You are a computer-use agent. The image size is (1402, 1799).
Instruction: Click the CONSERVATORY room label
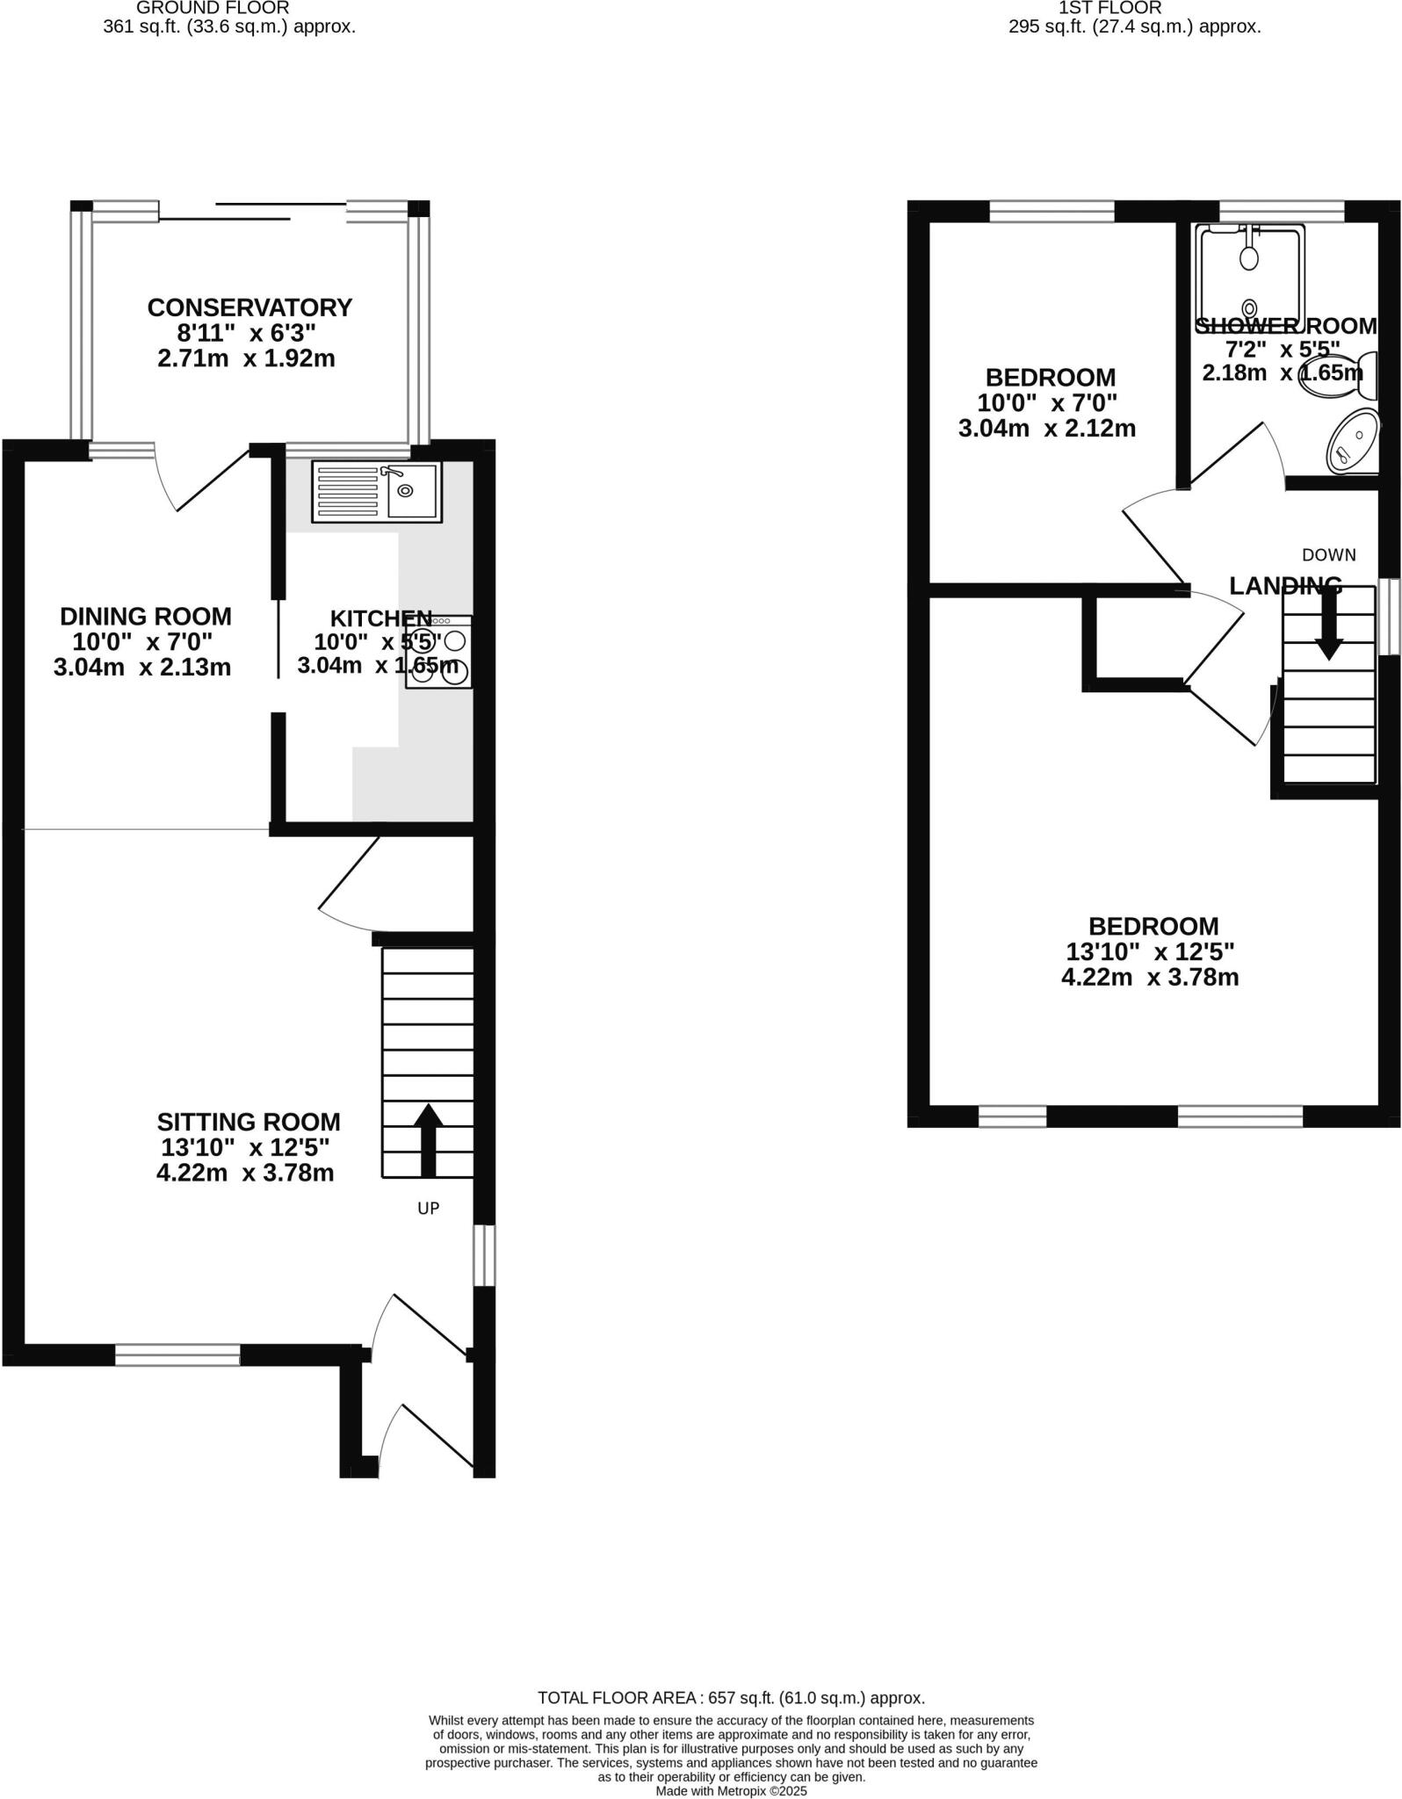[x=249, y=307]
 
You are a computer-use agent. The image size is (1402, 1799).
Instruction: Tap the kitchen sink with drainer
[x=376, y=491]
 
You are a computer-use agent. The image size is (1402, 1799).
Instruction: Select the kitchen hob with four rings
[x=439, y=653]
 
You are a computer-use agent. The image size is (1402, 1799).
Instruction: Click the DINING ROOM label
[x=146, y=616]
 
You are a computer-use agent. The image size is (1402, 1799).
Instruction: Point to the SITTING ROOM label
[x=249, y=1122]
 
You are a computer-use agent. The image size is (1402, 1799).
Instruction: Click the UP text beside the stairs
[x=428, y=1209]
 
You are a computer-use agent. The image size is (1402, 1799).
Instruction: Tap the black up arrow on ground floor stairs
[x=428, y=1139]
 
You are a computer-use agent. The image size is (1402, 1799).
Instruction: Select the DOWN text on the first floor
[x=1328, y=555]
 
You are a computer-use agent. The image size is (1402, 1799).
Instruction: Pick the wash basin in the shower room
[x=1352, y=441]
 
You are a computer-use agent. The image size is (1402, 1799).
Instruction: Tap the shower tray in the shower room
[x=1250, y=277]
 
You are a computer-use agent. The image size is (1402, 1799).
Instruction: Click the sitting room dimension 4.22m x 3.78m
[x=245, y=1173]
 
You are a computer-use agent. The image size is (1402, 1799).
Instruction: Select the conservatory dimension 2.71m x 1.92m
[x=246, y=358]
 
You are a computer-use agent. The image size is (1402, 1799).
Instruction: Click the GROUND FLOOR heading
[x=213, y=8]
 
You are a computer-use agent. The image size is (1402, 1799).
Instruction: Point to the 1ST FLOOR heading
[x=1110, y=8]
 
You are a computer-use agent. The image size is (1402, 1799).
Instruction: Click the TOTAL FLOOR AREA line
[x=731, y=1698]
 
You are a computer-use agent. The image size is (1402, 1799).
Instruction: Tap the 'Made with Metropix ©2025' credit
[x=731, y=1790]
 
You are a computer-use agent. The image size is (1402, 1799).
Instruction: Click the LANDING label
[x=1285, y=585]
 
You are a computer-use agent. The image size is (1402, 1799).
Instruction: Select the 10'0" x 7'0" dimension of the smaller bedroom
[x=1047, y=403]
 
